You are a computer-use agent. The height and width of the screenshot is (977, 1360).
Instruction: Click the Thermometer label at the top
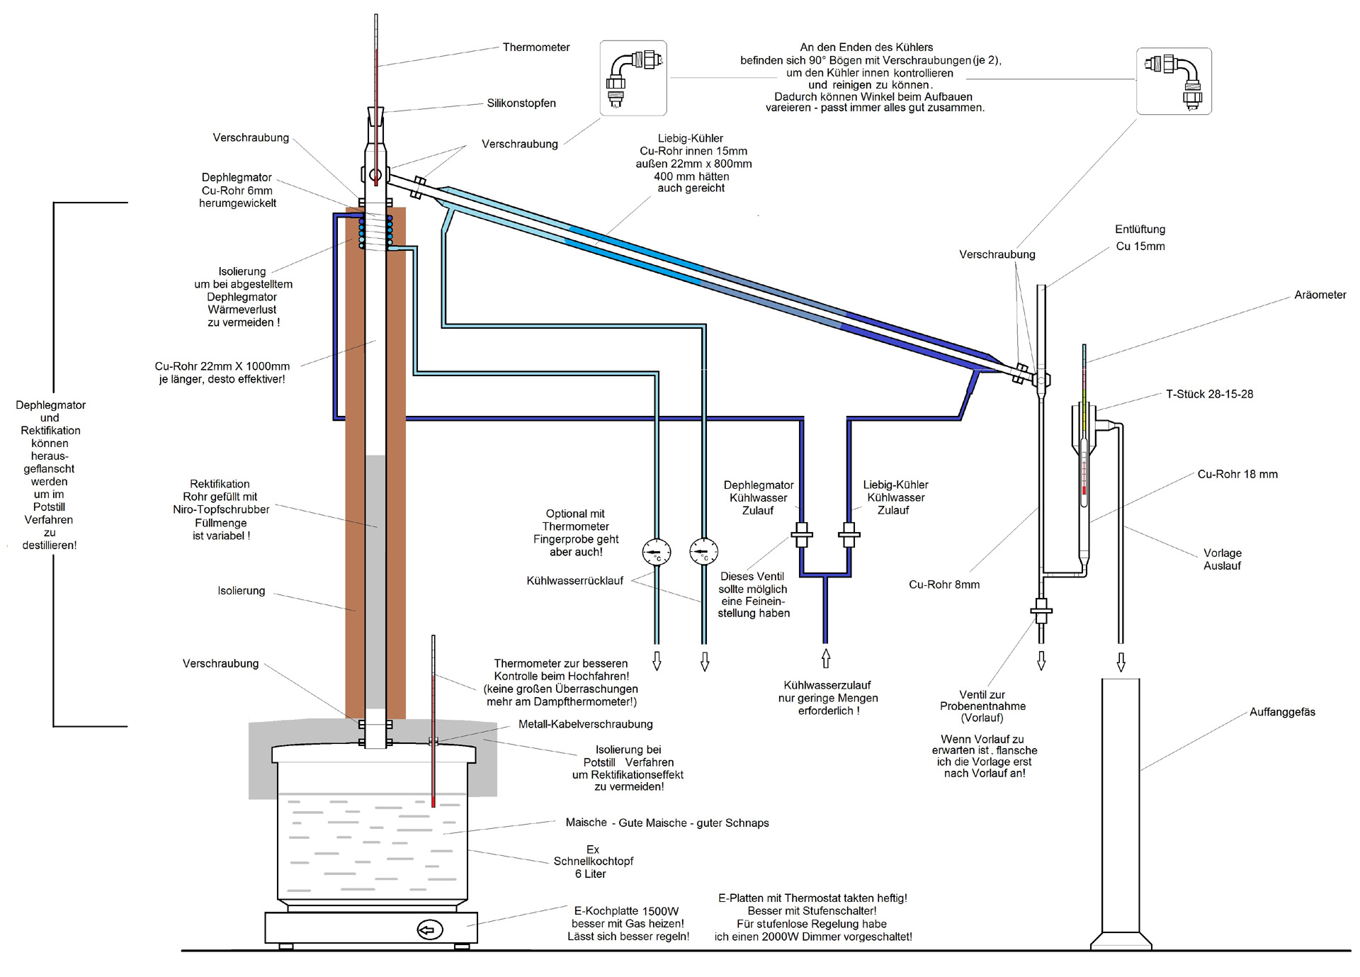(x=536, y=47)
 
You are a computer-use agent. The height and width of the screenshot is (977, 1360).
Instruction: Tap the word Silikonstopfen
(x=521, y=103)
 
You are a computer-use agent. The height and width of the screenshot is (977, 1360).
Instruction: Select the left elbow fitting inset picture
(x=633, y=78)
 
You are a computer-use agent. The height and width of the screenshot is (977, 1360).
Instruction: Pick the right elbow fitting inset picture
(x=1174, y=81)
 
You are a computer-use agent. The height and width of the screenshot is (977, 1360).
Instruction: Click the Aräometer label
(x=1320, y=295)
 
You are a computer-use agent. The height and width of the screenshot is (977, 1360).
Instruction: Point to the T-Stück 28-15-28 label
(x=1209, y=395)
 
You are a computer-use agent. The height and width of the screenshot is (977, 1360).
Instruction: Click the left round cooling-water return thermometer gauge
(x=657, y=551)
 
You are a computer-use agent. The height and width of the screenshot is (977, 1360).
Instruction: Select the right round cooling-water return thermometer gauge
(x=703, y=551)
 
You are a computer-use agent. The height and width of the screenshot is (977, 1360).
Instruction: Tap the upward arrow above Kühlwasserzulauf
(x=825, y=658)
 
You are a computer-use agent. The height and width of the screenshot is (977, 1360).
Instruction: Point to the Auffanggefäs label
(x=1282, y=713)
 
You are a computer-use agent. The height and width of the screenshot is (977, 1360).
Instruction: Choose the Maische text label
(x=586, y=823)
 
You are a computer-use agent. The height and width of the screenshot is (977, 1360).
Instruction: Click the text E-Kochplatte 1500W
(x=626, y=911)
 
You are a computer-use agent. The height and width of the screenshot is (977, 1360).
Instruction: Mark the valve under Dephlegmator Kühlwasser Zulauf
(x=801, y=535)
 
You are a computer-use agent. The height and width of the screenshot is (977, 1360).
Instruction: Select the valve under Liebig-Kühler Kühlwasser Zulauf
(x=849, y=535)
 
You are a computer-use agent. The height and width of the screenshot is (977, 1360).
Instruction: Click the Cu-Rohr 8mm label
(x=944, y=585)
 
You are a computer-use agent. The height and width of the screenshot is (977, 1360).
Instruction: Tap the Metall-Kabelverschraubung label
(x=585, y=724)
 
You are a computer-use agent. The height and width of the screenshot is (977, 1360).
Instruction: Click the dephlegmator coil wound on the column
(x=375, y=233)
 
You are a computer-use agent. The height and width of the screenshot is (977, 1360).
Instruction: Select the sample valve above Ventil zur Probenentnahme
(x=1041, y=610)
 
